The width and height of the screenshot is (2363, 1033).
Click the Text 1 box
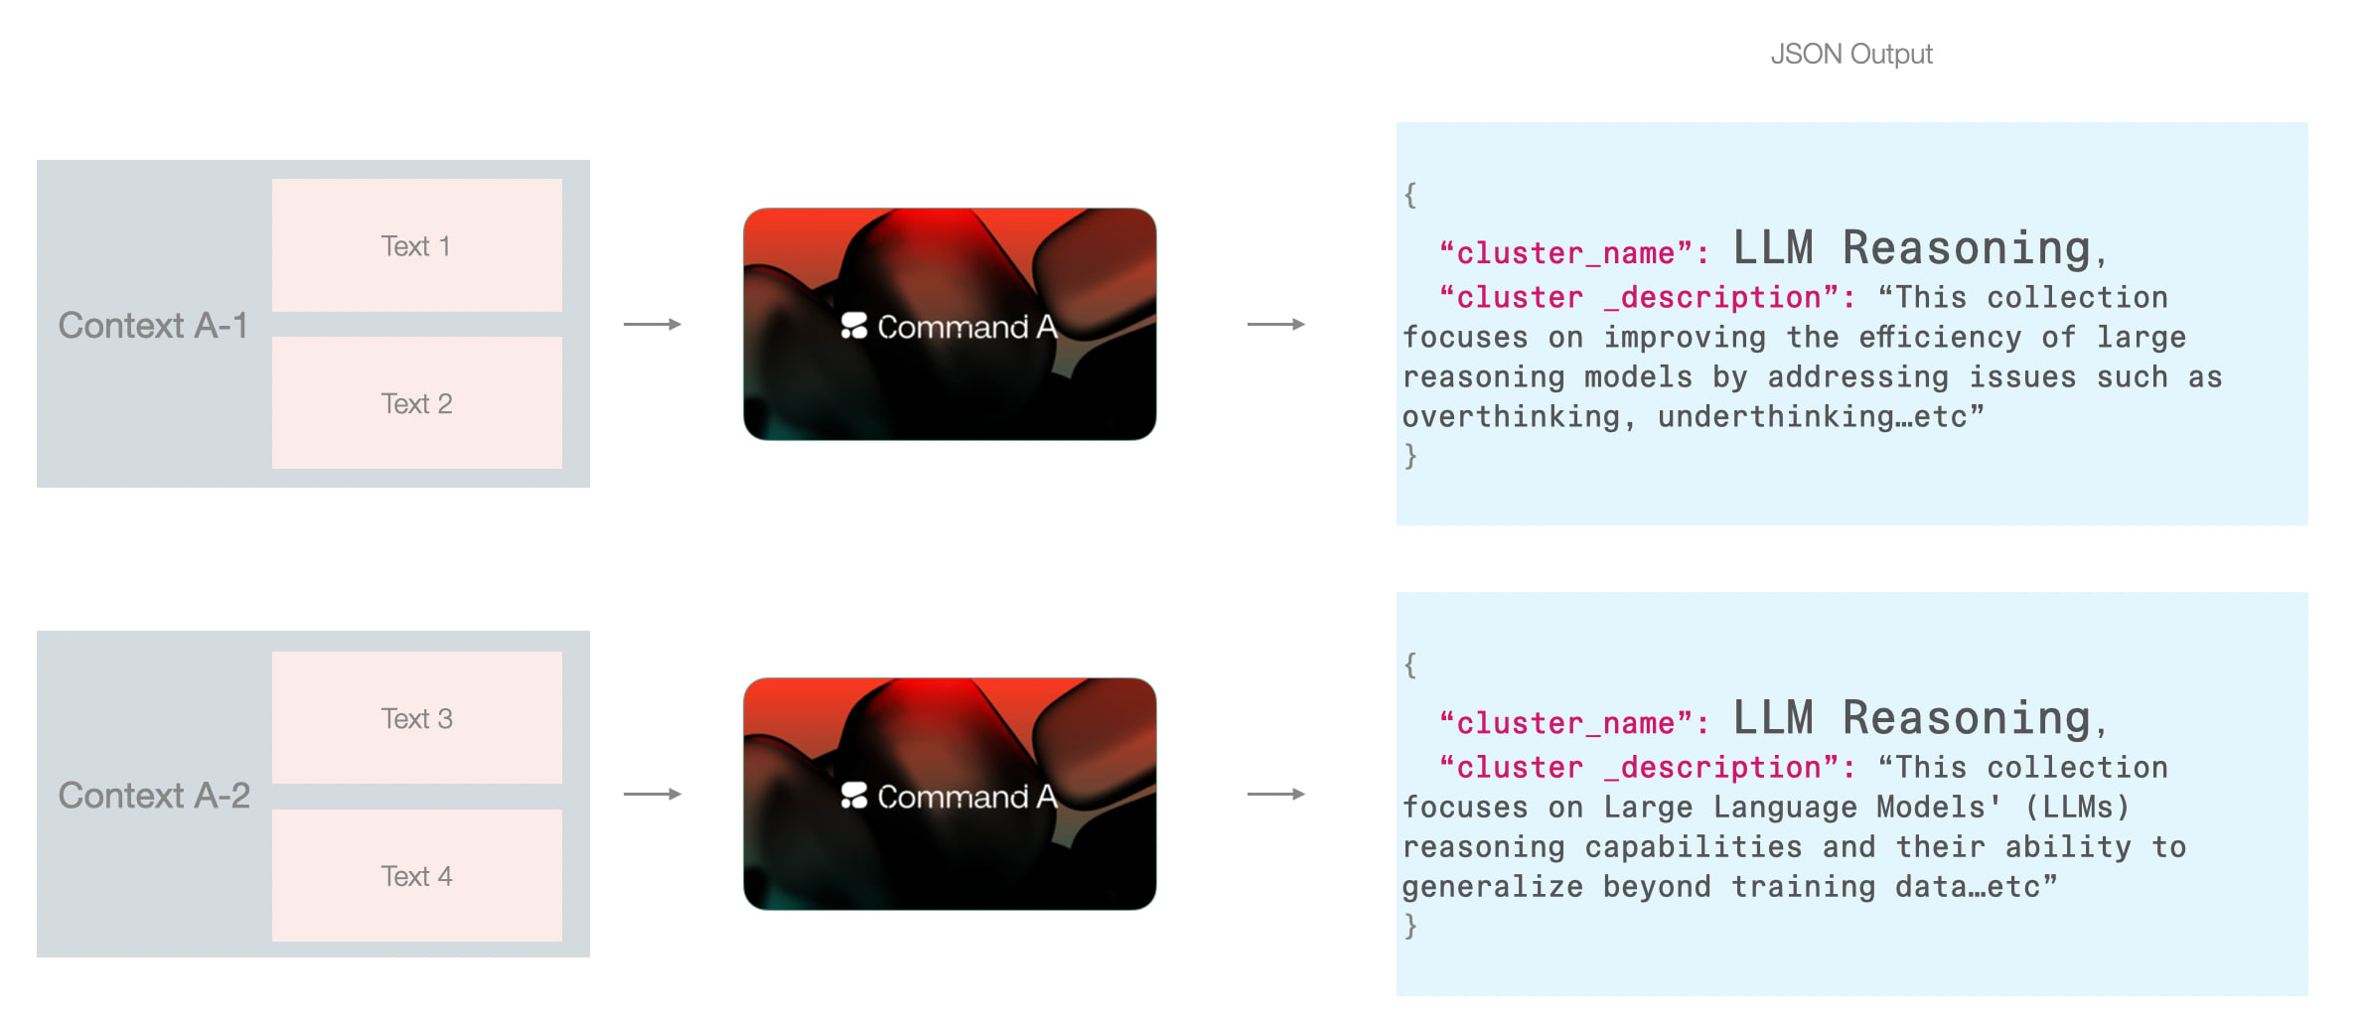click(x=416, y=245)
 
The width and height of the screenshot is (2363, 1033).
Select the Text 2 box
click(x=416, y=403)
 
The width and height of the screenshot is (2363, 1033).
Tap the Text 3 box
click(x=416, y=718)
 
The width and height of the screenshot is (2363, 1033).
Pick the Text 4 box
click(x=416, y=876)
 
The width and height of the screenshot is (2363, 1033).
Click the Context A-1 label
click(x=153, y=326)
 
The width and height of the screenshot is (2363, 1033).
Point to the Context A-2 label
click(x=154, y=796)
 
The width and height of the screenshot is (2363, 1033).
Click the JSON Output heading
click(x=1851, y=54)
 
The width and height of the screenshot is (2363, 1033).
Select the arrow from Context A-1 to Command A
click(x=653, y=325)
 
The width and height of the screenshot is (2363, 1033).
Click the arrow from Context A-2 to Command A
click(x=653, y=795)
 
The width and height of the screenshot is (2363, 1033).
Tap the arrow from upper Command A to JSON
click(x=1276, y=325)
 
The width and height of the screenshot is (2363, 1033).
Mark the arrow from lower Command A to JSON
click(x=1276, y=795)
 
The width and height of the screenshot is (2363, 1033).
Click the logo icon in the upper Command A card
click(x=854, y=326)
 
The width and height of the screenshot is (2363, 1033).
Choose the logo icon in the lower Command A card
click(x=854, y=796)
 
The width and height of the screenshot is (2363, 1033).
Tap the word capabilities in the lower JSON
click(x=1693, y=847)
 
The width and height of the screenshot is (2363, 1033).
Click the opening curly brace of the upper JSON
click(x=1410, y=195)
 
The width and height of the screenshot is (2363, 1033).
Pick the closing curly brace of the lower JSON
click(x=1410, y=926)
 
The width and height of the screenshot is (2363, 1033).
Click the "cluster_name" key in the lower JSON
click(x=1573, y=723)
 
